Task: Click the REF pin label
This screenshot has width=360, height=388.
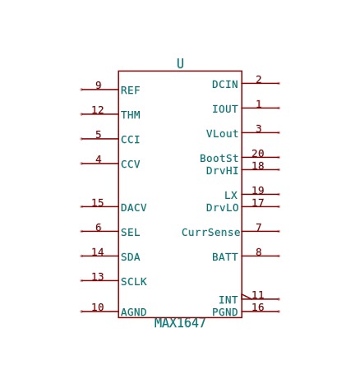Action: click(131, 90)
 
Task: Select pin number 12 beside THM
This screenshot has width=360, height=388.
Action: click(98, 110)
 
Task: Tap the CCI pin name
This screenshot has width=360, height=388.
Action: click(131, 140)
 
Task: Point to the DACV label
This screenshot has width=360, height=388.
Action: click(134, 208)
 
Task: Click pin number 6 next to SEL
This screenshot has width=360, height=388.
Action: click(99, 227)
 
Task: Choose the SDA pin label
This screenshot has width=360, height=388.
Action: click(131, 257)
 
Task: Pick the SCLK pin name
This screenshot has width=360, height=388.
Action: click(134, 282)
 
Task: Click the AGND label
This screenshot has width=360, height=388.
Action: click(134, 312)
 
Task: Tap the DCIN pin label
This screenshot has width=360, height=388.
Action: click(225, 85)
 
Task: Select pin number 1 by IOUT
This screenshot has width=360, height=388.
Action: click(259, 104)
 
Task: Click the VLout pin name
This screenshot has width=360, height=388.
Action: click(222, 134)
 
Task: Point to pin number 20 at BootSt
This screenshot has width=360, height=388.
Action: click(258, 153)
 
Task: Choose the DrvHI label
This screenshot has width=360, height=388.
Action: click(222, 171)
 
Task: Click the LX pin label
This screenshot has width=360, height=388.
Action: click(231, 196)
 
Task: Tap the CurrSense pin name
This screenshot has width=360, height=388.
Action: click(210, 233)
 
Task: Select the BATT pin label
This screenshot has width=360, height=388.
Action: click(225, 257)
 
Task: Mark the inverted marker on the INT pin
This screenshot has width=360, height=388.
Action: click(247, 297)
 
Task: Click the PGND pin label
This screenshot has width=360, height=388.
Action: click(225, 312)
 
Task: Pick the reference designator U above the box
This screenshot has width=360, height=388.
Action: click(180, 63)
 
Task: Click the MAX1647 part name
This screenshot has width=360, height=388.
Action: click(180, 323)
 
